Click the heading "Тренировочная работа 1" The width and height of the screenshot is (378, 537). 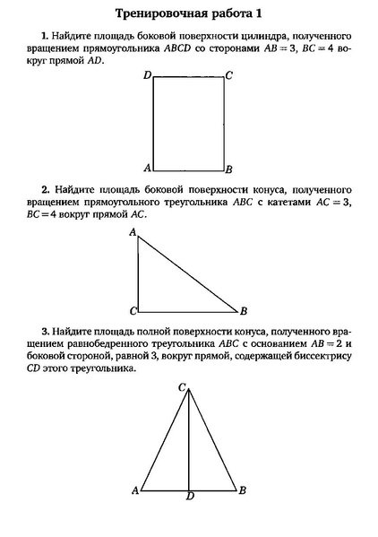[x=189, y=14]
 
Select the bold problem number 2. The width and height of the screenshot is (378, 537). [x=45, y=189]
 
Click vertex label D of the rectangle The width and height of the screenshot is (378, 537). [x=147, y=75]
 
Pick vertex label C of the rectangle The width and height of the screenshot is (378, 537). [x=229, y=75]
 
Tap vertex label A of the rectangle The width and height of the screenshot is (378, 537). [x=147, y=168]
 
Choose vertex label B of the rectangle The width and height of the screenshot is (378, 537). [x=229, y=169]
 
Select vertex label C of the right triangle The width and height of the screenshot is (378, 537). [x=133, y=311]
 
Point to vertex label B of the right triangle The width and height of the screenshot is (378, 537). [x=243, y=311]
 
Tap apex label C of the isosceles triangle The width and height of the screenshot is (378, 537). [x=182, y=387]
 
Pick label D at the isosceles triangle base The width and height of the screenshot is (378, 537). [x=189, y=496]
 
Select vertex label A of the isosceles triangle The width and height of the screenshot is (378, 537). [x=135, y=490]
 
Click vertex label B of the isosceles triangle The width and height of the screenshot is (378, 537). [x=243, y=490]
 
